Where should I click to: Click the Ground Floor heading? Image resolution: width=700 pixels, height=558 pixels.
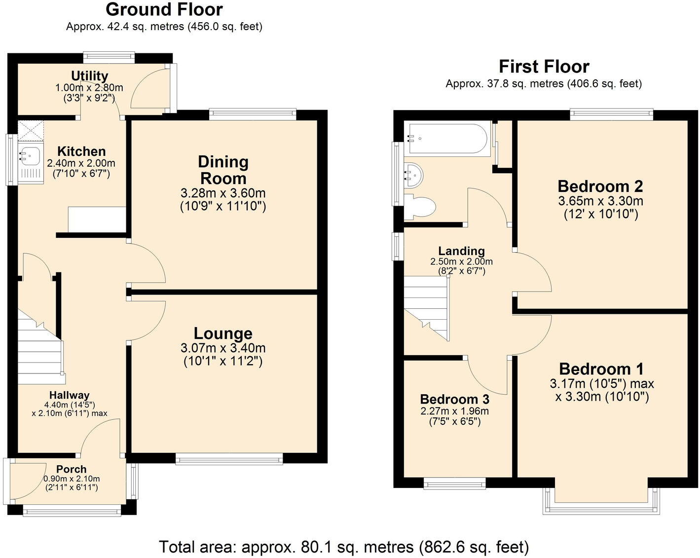164,9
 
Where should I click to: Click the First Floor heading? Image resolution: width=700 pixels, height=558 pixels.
544,67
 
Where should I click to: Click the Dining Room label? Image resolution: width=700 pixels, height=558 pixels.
223,170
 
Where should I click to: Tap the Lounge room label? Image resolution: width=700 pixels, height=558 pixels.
223,334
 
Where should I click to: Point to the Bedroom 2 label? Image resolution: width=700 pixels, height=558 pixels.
600,186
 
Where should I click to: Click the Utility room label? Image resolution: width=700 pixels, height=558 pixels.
89,75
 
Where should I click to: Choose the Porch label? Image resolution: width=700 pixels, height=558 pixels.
71,469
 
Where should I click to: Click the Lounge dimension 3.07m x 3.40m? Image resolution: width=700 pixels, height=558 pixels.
223,348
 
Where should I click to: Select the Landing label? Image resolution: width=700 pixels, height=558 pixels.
461,251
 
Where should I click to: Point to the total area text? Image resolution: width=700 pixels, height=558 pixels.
343,547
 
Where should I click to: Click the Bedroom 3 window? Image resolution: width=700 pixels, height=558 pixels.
455,483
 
